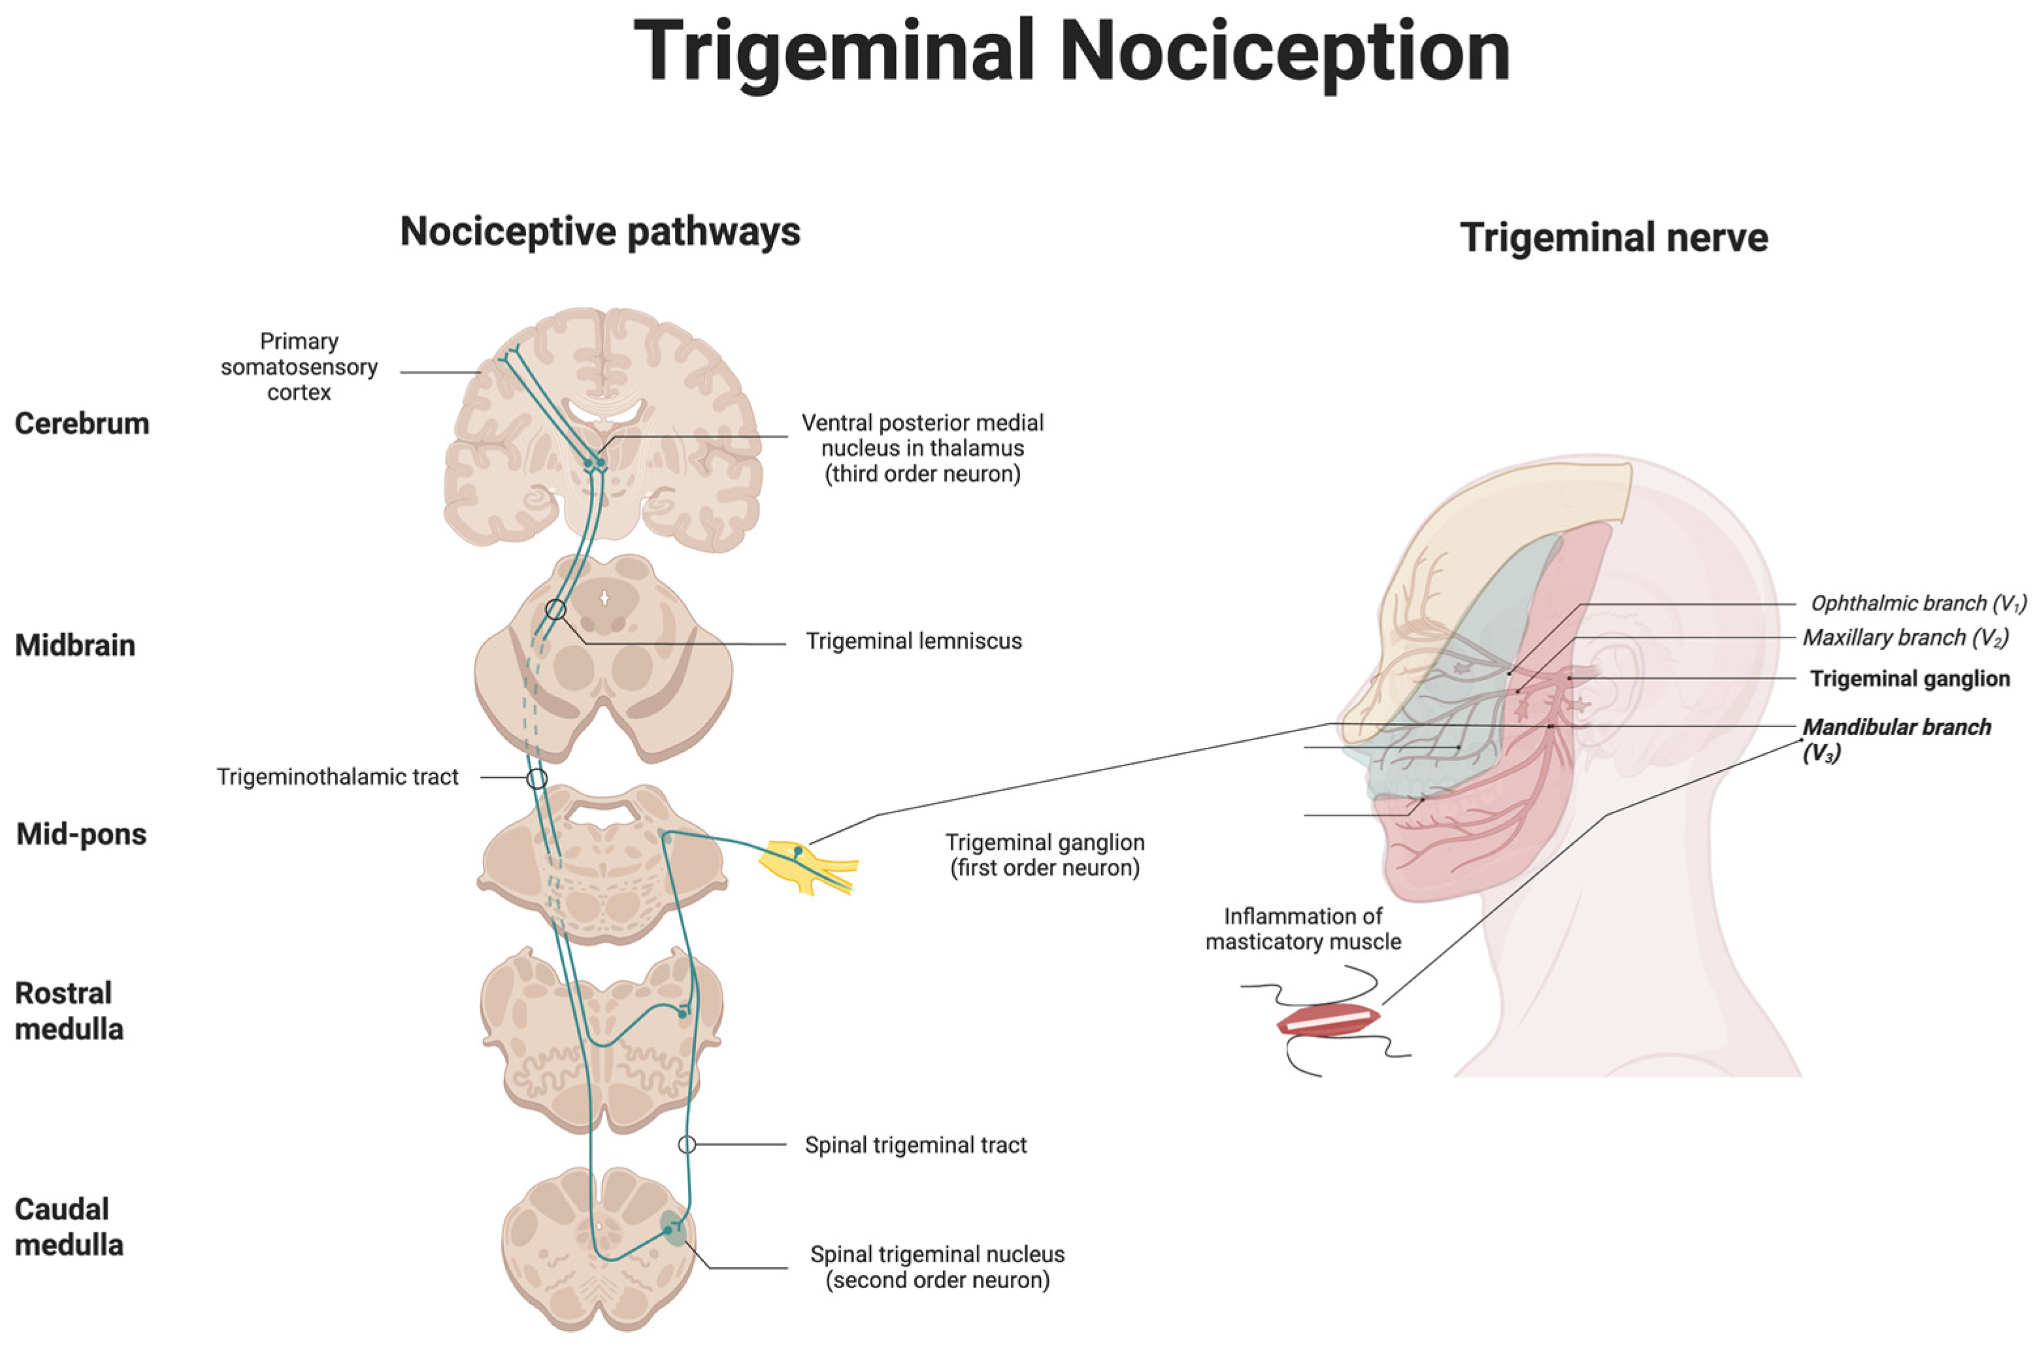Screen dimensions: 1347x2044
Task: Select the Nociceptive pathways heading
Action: pos(600,232)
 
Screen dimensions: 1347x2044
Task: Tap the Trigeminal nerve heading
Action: pos(1613,238)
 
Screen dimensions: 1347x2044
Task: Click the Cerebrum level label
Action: pos(82,423)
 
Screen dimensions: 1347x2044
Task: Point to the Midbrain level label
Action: pos(76,645)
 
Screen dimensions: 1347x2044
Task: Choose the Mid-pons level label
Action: pos(82,834)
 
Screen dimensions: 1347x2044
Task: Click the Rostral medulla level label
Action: pos(69,1011)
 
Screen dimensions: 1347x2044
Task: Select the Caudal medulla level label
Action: pos(69,1227)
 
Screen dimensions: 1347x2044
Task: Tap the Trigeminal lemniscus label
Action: pos(914,641)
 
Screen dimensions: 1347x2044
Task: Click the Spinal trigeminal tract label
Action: pos(915,1145)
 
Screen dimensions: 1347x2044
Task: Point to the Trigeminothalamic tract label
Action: pos(338,777)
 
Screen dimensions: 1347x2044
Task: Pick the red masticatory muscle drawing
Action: pos(1327,1020)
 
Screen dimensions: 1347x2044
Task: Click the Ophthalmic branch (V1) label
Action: pos(1918,604)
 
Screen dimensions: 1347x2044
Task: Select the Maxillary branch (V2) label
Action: pos(1905,638)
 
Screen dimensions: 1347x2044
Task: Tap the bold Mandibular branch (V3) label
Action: pos(1896,739)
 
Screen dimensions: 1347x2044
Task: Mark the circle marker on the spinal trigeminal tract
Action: pos(687,1144)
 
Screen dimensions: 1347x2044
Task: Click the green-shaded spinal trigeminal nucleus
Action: pos(674,1227)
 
